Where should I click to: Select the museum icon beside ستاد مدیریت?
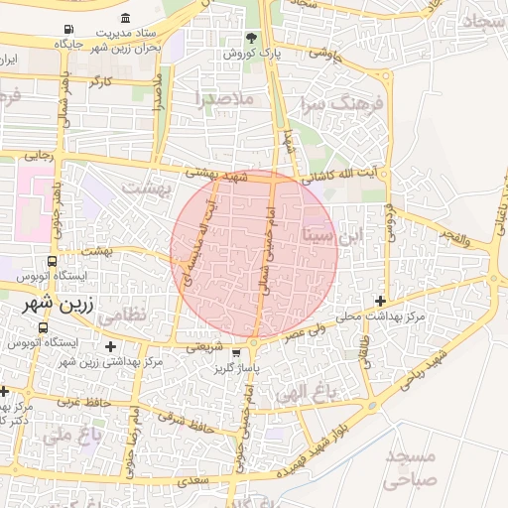[x=125, y=19]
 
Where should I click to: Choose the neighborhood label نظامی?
[x=150, y=313]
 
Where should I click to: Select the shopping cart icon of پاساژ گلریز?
[x=235, y=352]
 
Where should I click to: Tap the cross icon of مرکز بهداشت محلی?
[x=380, y=301]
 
